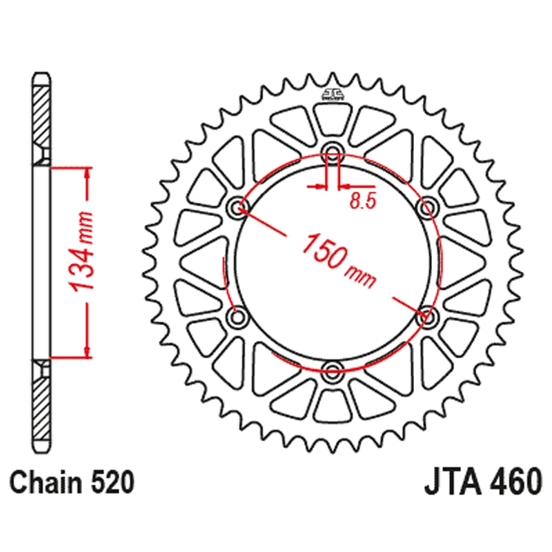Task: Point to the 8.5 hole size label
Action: tap(363, 201)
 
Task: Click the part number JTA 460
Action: tap(483, 481)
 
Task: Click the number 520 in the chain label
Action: tap(112, 482)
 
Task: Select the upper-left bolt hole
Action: tap(237, 206)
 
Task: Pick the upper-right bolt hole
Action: tap(427, 206)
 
